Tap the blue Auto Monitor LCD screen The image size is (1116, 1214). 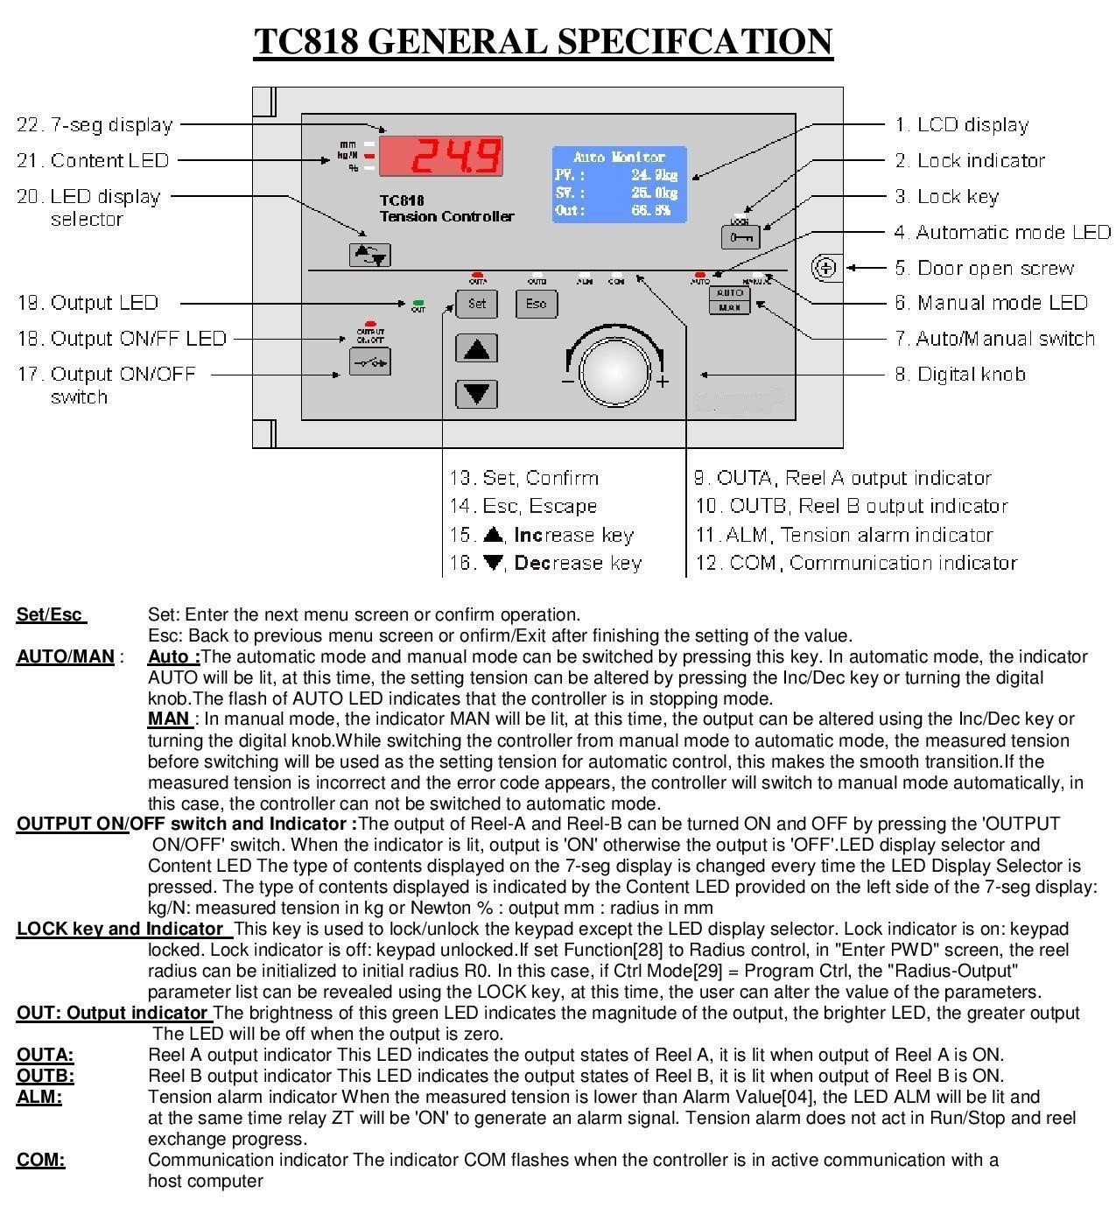619,184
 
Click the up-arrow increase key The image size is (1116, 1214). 477,348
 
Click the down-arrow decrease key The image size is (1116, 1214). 477,393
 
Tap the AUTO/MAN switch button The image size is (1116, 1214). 729,300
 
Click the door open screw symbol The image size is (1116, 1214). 825,268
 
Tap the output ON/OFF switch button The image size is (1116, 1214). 369,361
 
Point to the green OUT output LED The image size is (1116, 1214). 418,303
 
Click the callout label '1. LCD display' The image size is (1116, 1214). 961,125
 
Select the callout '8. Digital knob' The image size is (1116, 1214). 959,375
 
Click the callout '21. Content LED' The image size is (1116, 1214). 93,160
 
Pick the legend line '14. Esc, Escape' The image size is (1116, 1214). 523,506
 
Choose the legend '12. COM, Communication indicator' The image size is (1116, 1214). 856,563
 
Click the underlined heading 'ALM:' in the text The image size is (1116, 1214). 39,1097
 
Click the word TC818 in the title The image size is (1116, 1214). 305,41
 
